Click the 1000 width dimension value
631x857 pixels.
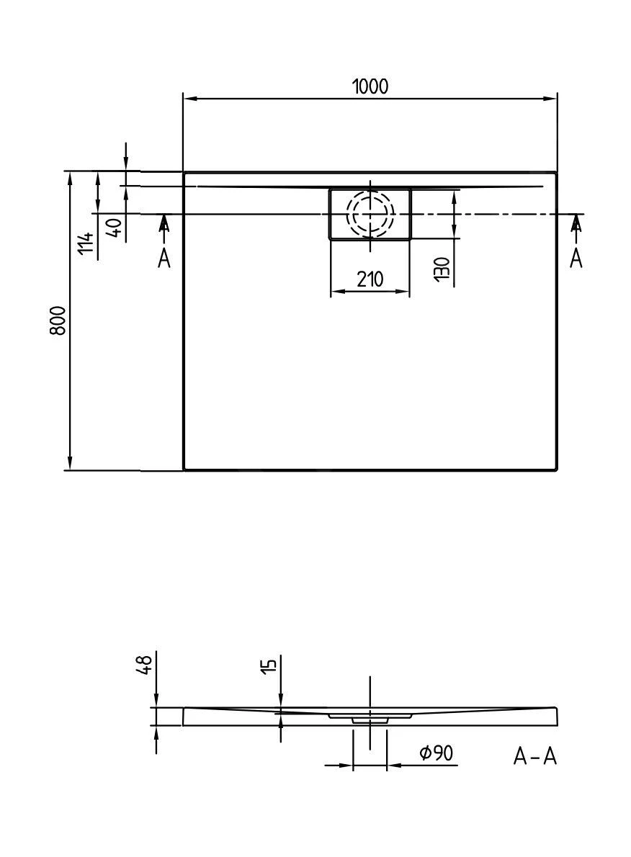pyautogui.click(x=370, y=86)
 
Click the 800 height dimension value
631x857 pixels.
pyautogui.click(x=58, y=320)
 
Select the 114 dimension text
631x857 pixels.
pyautogui.click(x=86, y=243)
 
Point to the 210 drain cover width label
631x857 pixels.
pyautogui.click(x=370, y=279)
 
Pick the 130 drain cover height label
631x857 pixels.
pyautogui.click(x=442, y=267)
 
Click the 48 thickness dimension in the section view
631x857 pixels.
pyautogui.click(x=144, y=664)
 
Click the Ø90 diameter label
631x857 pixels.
pyautogui.click(x=436, y=753)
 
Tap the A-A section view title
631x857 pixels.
pyautogui.click(x=534, y=756)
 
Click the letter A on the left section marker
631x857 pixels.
pyautogui.click(x=164, y=257)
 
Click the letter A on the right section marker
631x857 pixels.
pyautogui.click(x=576, y=257)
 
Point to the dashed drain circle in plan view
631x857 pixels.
pyautogui.click(x=370, y=214)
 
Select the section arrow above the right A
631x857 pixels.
pyautogui.click(x=576, y=225)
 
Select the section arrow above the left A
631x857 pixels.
pyautogui.click(x=164, y=225)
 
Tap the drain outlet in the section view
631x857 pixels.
pyautogui.click(x=370, y=719)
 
